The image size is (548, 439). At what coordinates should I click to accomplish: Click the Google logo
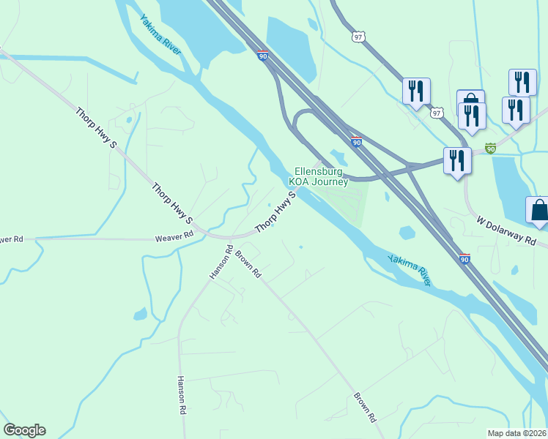click(24, 430)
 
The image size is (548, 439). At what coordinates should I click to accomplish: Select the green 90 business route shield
click(490, 148)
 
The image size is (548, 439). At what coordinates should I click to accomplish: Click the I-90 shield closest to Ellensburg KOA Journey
click(355, 141)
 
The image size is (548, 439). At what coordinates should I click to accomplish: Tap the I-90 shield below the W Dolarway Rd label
click(464, 258)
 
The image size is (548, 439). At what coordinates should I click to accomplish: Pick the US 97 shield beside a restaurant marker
click(437, 113)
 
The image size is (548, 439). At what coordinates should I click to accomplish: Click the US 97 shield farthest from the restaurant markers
click(358, 37)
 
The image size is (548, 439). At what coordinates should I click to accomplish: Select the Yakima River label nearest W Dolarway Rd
click(410, 269)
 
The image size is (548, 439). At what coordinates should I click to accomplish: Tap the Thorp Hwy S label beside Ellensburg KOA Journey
click(275, 213)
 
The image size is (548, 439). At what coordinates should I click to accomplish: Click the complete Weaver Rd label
click(174, 236)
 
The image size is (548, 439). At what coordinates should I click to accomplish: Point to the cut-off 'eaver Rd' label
click(12, 239)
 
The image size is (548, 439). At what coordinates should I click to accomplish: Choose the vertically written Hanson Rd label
click(181, 396)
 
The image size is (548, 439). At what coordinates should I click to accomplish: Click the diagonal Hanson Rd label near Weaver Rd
click(221, 262)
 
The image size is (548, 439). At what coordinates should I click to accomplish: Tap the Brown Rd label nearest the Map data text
click(365, 408)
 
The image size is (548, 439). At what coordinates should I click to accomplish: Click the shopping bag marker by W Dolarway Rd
click(538, 209)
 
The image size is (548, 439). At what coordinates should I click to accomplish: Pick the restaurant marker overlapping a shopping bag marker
click(473, 116)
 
